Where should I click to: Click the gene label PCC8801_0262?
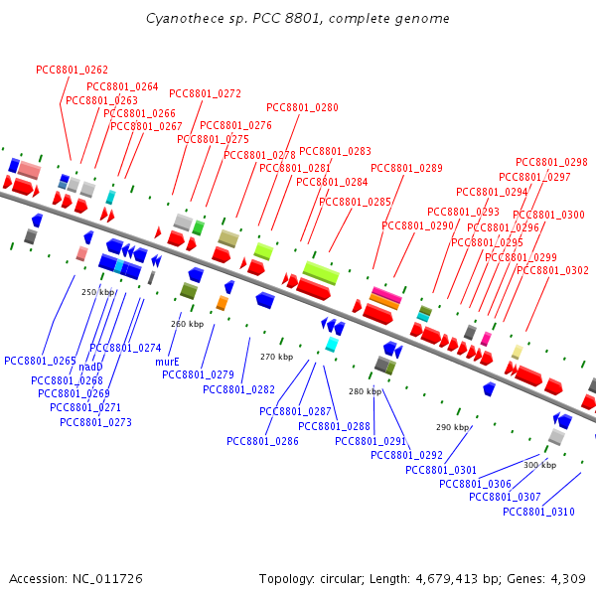(x=72, y=70)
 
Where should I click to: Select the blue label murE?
(x=167, y=362)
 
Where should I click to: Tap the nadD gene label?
(x=90, y=367)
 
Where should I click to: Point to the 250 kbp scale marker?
(x=97, y=292)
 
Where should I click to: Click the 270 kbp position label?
(x=277, y=357)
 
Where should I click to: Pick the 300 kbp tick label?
(x=540, y=465)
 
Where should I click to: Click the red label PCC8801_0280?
(x=302, y=107)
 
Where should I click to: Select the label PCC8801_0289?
(x=406, y=168)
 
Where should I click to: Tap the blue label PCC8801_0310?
(x=538, y=512)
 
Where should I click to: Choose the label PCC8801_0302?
(x=552, y=270)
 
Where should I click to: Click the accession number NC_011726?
(x=107, y=579)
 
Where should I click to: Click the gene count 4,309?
(x=568, y=579)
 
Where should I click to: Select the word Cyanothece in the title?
(x=185, y=19)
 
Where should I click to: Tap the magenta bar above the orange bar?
(x=386, y=295)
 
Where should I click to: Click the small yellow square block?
(x=517, y=352)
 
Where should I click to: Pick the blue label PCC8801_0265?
(x=40, y=361)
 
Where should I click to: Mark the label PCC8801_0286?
(x=262, y=441)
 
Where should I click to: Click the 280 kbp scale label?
(x=366, y=391)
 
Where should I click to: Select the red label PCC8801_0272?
(x=205, y=93)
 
